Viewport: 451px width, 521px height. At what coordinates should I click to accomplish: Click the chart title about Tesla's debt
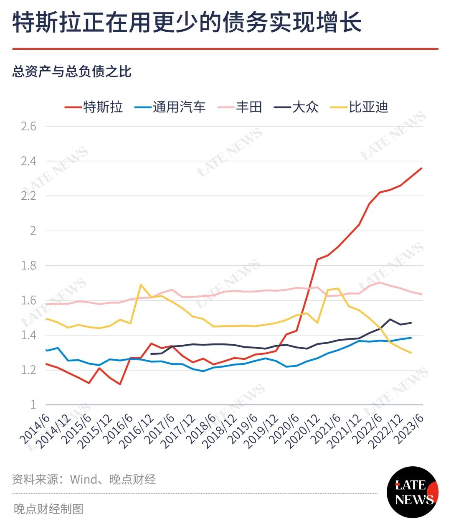tap(187, 22)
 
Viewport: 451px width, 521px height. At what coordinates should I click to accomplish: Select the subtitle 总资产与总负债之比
tap(72, 71)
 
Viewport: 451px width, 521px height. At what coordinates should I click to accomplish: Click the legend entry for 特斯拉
tap(94, 107)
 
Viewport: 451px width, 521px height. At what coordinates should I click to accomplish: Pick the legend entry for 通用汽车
tap(170, 107)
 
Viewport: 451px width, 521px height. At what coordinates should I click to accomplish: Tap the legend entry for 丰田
tap(240, 107)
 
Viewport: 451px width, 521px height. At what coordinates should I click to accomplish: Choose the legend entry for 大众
tap(296, 107)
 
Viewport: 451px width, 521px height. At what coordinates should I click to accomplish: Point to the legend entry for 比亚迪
tap(359, 107)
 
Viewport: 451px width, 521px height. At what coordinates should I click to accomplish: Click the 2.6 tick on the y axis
tap(28, 127)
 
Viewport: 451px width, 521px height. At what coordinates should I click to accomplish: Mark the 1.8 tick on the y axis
tap(28, 266)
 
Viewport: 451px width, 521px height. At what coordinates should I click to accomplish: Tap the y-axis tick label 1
tap(33, 404)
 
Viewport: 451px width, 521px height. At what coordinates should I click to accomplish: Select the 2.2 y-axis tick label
tap(28, 196)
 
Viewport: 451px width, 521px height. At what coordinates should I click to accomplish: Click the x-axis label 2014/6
tap(35, 429)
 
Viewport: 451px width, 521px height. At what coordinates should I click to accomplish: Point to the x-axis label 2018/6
tap(202, 429)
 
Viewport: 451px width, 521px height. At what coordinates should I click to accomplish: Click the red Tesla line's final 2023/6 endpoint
tap(421, 168)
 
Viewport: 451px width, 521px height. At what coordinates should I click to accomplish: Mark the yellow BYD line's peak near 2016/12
tap(141, 285)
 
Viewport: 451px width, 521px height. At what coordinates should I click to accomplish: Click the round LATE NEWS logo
tap(413, 492)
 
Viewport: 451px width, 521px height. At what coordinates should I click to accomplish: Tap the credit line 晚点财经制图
tap(48, 508)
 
